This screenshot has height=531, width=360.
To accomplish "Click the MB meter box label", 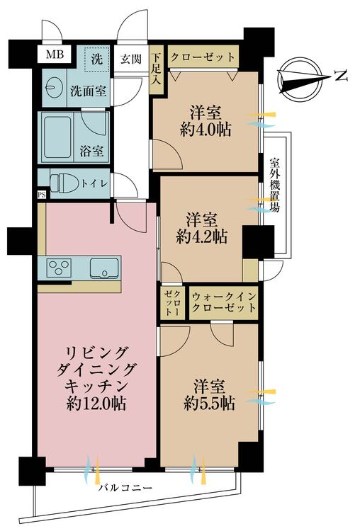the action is [55, 55].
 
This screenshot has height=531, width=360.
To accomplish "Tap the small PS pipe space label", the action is [41, 195].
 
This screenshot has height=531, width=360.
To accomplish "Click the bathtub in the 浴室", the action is [57, 137].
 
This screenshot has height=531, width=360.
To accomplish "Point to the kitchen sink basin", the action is [104, 268].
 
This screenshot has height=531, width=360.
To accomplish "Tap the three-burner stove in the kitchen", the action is [60, 268].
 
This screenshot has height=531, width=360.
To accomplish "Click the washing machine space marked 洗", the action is [97, 59].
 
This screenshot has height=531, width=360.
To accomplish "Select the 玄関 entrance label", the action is [131, 60].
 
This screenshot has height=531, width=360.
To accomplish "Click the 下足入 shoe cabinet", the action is [156, 69].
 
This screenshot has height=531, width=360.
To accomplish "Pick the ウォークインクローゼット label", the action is [223, 302].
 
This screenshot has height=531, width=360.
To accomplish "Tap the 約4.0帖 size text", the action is [206, 129].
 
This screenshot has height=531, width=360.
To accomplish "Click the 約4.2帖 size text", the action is [202, 236].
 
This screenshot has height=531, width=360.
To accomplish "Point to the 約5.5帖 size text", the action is [209, 403].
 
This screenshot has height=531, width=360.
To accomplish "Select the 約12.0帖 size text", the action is [96, 403].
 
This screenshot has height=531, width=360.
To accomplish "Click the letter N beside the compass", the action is [341, 76].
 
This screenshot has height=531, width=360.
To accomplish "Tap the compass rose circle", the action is [299, 79].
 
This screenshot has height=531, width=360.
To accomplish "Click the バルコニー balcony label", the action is [125, 488].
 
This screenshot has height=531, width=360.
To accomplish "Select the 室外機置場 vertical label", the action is [274, 185].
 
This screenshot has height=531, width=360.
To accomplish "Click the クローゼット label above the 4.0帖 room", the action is [203, 57].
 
